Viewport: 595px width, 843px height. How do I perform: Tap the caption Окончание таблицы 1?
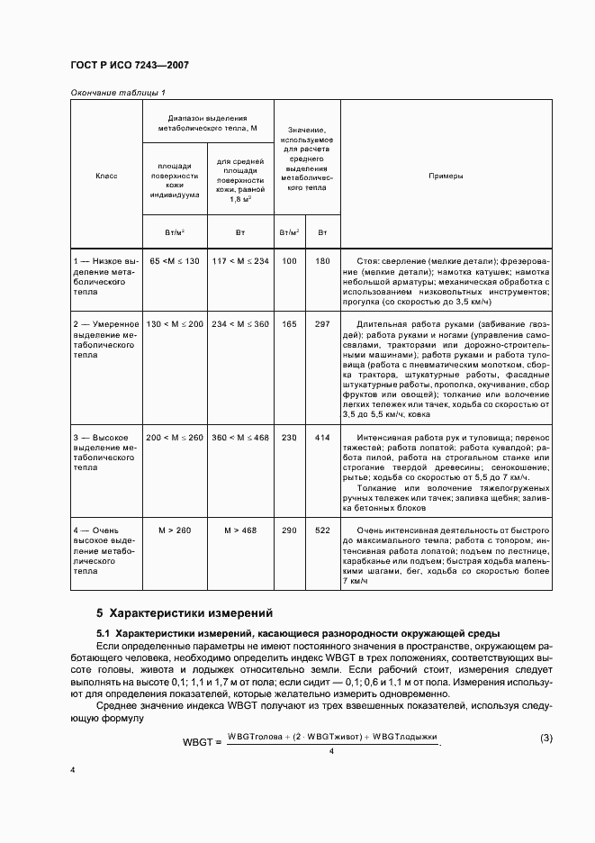pos(118,93)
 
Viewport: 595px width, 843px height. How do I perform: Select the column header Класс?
pos(106,176)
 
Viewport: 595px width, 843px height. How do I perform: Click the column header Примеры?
pos(446,176)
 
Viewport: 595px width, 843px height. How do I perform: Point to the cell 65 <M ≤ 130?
pos(175,260)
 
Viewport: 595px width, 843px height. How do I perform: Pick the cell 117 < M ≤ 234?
pos(241,260)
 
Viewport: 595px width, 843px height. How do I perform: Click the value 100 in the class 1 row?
pos(289,260)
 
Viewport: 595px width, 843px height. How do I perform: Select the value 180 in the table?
pos(323,260)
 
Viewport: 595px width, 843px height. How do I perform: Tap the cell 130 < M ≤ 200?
pos(175,323)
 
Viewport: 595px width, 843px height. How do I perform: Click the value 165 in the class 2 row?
pos(289,323)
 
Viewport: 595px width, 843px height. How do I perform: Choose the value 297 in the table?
pos(323,323)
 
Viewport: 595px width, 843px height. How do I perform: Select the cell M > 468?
pos(241,530)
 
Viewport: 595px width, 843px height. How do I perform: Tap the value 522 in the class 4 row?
pos(323,530)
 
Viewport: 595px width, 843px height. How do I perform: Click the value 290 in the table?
pos(289,530)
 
